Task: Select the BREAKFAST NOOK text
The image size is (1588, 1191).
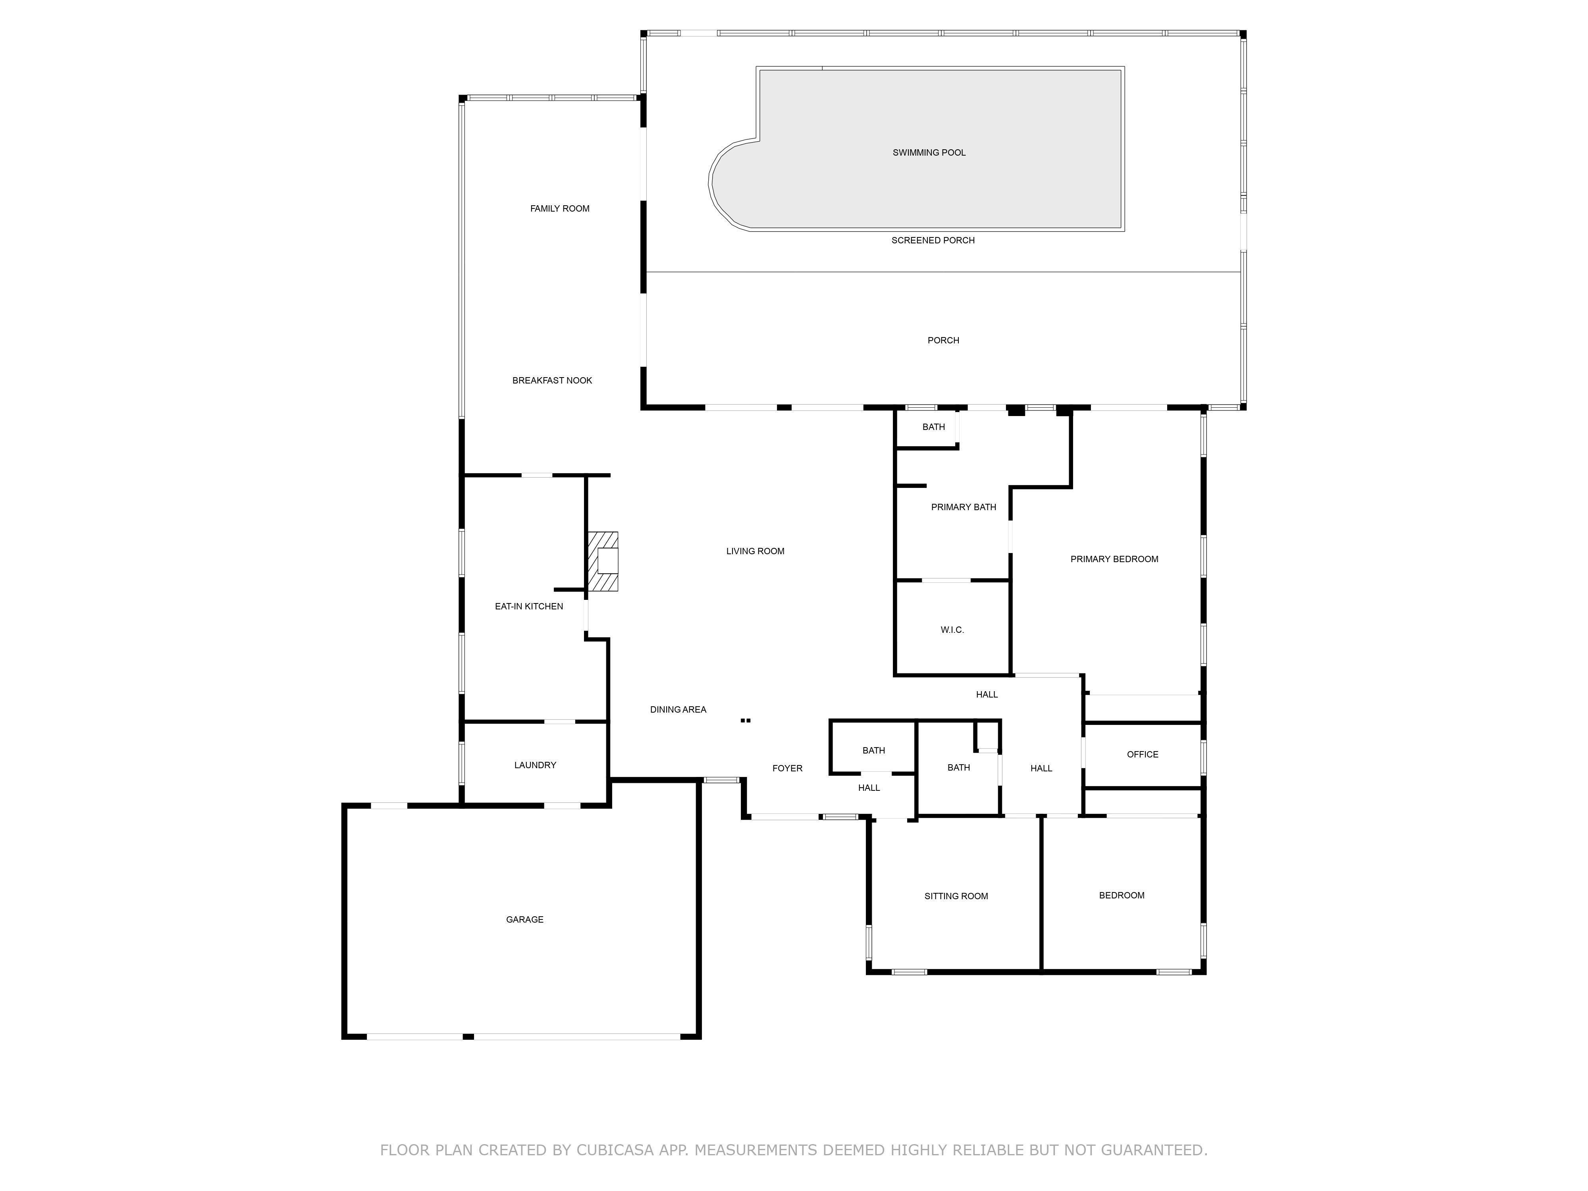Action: pyautogui.click(x=552, y=380)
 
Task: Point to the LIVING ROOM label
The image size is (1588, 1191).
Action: pyautogui.click(x=755, y=551)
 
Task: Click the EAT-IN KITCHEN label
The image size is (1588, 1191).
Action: pyautogui.click(x=529, y=607)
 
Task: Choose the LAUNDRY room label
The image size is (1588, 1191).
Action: pyautogui.click(x=535, y=765)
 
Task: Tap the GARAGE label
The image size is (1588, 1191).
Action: pyautogui.click(x=525, y=919)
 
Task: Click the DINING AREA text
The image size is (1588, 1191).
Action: pyautogui.click(x=678, y=710)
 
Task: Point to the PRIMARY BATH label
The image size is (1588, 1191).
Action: pyautogui.click(x=964, y=507)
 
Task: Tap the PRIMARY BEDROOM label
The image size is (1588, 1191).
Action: pyautogui.click(x=1114, y=559)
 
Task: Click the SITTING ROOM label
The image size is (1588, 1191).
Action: pyautogui.click(x=956, y=896)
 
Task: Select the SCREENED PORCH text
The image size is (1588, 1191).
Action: pyautogui.click(x=933, y=241)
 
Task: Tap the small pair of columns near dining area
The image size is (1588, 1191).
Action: pyautogui.click(x=746, y=720)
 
